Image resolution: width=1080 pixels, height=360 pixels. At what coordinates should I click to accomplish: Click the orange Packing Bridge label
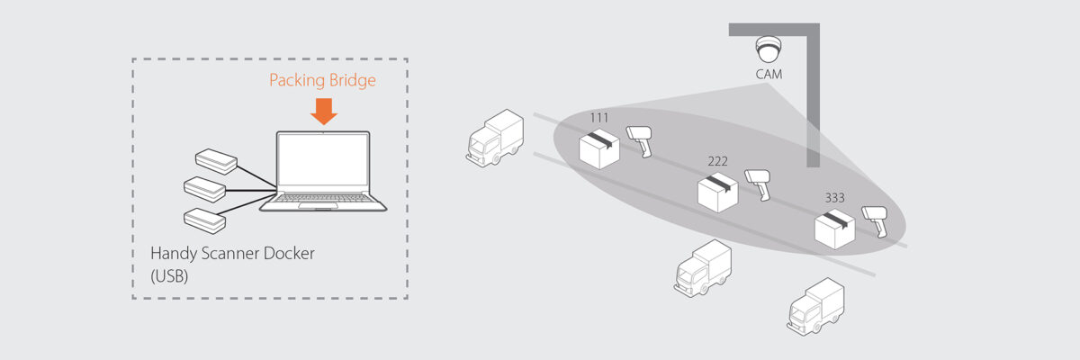322,81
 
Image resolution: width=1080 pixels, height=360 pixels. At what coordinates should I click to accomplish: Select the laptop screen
323,166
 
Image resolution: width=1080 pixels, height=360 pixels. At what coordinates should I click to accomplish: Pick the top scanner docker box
216,162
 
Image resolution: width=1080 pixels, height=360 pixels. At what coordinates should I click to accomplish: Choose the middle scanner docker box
204,189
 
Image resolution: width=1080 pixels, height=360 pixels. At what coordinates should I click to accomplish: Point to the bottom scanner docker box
204,219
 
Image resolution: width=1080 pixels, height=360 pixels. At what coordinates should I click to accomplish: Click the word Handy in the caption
175,254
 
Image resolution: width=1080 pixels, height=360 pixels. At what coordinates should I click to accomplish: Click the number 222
717,161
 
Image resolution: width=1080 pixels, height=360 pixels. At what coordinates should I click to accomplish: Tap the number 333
835,197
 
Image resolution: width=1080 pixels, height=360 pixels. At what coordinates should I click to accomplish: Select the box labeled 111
598,147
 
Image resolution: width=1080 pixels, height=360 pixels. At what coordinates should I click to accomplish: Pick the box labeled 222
717,191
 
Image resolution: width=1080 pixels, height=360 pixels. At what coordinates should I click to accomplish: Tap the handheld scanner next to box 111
642,140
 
